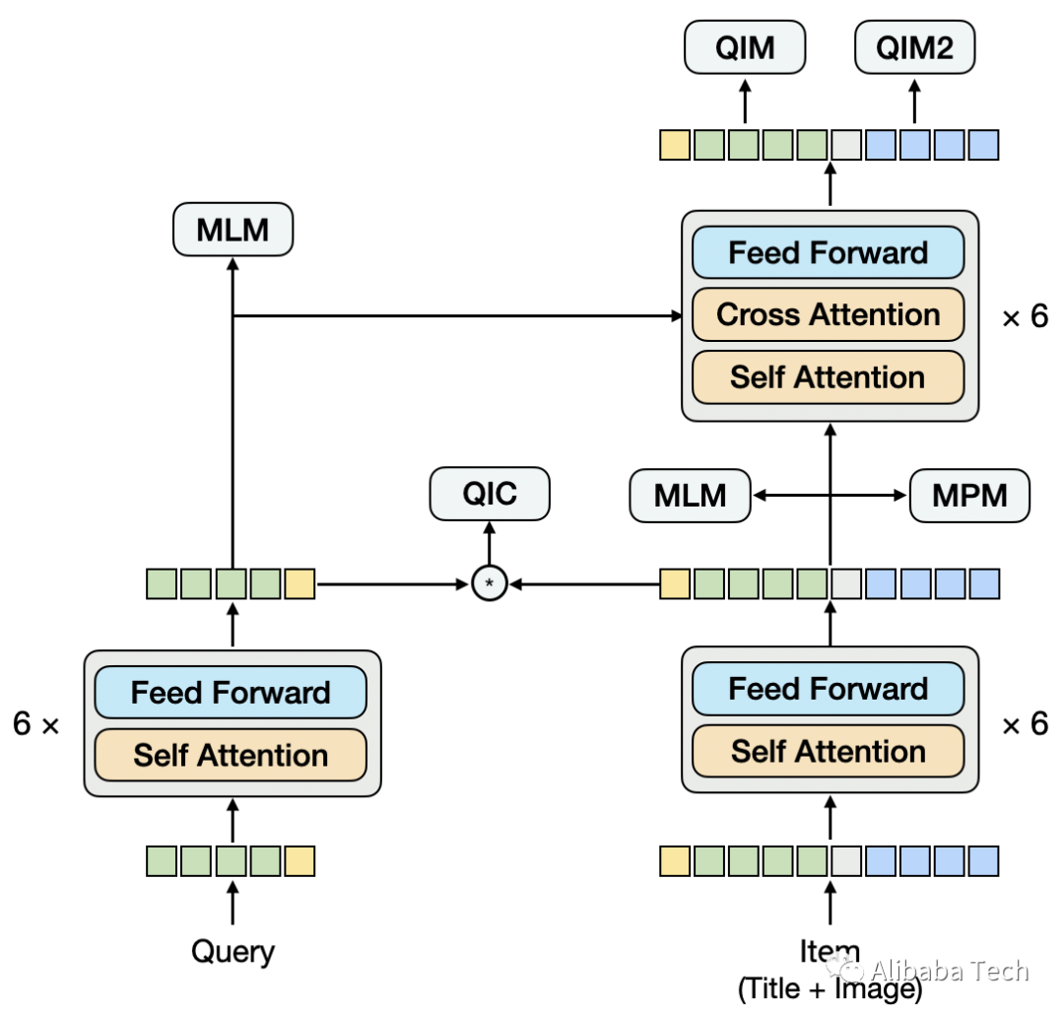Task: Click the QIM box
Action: click(745, 47)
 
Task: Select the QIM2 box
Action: click(914, 47)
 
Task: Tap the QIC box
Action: click(490, 494)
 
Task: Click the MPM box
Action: click(969, 496)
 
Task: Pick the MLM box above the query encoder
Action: click(233, 230)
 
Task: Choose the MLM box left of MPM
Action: click(690, 496)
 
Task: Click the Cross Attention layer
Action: click(828, 315)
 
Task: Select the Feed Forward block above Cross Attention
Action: click(828, 252)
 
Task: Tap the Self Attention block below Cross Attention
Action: click(828, 377)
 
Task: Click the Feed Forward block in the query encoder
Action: click(231, 693)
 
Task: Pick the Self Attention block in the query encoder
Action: click(231, 755)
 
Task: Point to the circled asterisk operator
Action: click(490, 583)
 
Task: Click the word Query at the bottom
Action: click(233, 952)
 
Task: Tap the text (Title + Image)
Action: click(830, 989)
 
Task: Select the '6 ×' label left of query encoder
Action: click(36, 723)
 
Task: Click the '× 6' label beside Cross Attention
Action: click(1026, 316)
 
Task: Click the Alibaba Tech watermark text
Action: click(950, 971)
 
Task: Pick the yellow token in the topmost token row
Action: click(675, 145)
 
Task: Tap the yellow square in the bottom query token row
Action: click(299, 861)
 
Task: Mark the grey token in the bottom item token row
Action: click(846, 861)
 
